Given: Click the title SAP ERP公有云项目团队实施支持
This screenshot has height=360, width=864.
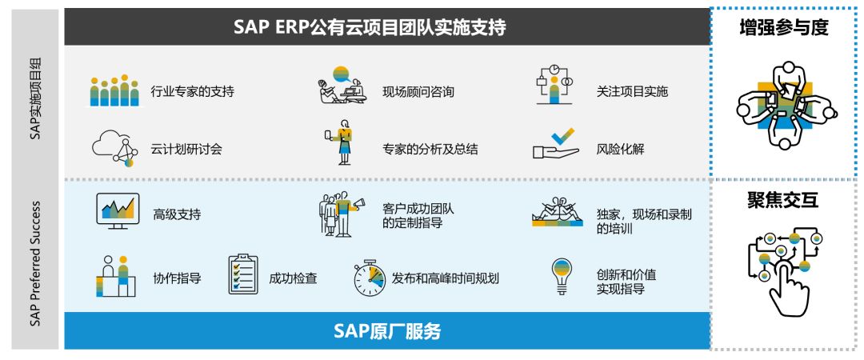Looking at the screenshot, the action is click(370, 27).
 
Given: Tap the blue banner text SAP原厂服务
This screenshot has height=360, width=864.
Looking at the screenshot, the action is click(387, 331).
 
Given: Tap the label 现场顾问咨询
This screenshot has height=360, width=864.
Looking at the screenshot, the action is click(418, 91).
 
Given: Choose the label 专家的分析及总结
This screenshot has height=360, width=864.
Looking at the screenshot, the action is click(430, 149).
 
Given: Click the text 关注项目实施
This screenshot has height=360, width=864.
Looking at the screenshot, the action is click(632, 91).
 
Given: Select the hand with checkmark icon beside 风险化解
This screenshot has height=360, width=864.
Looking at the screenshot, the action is click(556, 144).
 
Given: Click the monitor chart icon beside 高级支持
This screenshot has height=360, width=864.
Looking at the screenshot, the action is click(118, 210).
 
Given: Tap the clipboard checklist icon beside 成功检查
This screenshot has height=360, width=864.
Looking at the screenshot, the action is click(243, 274).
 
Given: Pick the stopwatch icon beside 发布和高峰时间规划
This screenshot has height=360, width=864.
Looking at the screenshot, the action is click(369, 278).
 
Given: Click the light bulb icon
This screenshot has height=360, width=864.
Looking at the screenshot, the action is click(562, 277).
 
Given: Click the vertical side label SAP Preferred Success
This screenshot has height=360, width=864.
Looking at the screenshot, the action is click(35, 263).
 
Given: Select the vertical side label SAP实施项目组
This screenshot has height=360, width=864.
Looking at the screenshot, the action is click(35, 98).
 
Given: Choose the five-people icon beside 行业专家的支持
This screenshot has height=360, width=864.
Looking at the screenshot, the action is click(114, 90).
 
